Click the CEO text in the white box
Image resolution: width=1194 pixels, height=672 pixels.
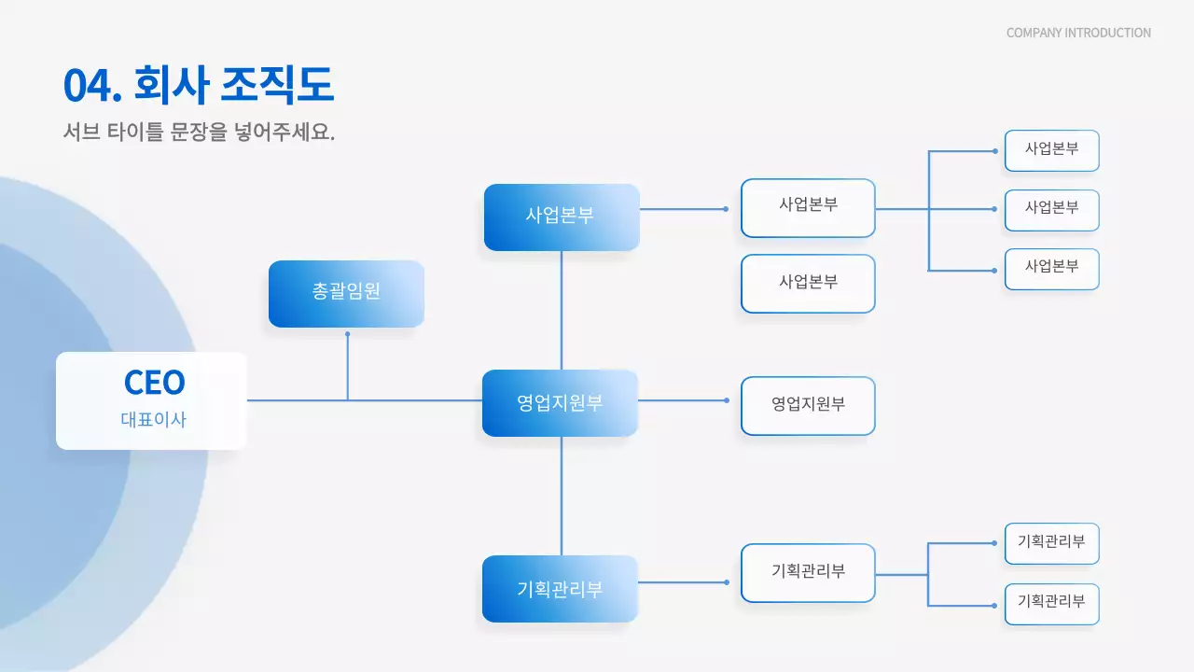pyautogui.click(x=155, y=382)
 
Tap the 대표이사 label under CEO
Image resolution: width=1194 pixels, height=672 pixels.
pyautogui.click(x=154, y=420)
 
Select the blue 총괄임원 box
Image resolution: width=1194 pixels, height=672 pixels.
pyautogui.click(x=346, y=293)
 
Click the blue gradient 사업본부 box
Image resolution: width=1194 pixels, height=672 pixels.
pyautogui.click(x=561, y=217)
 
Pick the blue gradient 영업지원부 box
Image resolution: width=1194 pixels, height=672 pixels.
pyautogui.click(x=560, y=403)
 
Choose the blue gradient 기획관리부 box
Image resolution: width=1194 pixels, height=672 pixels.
pyautogui.click(x=560, y=589)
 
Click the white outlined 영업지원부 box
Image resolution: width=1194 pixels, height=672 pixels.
pyautogui.click(x=808, y=405)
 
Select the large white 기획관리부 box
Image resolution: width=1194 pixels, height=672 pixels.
pyautogui.click(x=808, y=572)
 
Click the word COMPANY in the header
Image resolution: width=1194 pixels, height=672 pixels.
pyautogui.click(x=1034, y=33)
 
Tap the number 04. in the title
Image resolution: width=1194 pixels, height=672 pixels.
pyautogui.click(x=93, y=86)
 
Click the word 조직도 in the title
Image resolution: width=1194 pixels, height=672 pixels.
pyautogui.click(x=276, y=86)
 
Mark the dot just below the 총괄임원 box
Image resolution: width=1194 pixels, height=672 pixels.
pyautogui.click(x=348, y=333)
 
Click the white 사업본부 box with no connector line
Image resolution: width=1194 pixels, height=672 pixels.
pyautogui.click(x=808, y=283)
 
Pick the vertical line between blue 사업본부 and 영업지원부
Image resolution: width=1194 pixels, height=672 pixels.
pyautogui.click(x=562, y=310)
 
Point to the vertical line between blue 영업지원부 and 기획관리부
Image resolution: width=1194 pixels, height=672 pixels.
pyautogui.click(x=562, y=496)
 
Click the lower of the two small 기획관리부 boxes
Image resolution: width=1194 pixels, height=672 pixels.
pyautogui.click(x=1051, y=603)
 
